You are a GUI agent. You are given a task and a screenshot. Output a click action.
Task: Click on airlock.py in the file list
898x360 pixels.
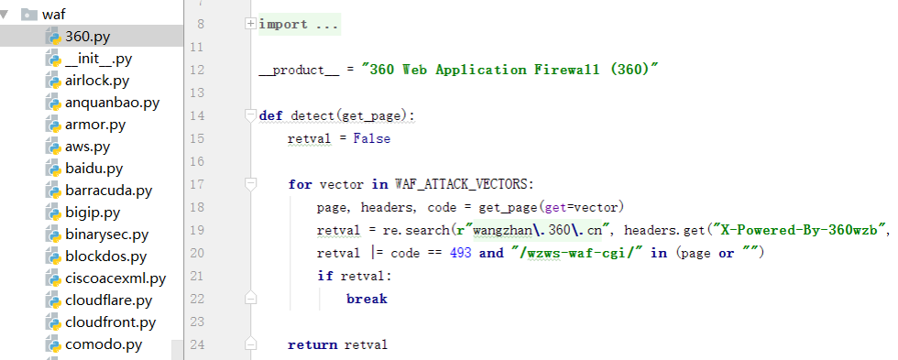pos(97,80)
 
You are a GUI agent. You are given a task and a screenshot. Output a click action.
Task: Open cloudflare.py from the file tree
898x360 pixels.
pos(108,300)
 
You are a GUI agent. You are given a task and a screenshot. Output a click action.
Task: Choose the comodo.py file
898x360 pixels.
pos(103,344)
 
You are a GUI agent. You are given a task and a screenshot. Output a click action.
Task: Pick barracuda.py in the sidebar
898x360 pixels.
pos(108,191)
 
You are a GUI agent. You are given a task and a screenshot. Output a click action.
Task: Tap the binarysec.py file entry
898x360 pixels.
pos(106,235)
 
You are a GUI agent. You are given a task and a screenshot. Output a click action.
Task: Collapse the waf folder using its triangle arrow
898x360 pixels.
pos(6,15)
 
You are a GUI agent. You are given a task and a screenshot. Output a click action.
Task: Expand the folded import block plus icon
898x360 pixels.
pos(250,25)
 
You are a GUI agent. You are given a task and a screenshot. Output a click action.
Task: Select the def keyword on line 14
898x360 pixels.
pos(271,116)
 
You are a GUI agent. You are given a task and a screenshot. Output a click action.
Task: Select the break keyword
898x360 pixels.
pos(367,299)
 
